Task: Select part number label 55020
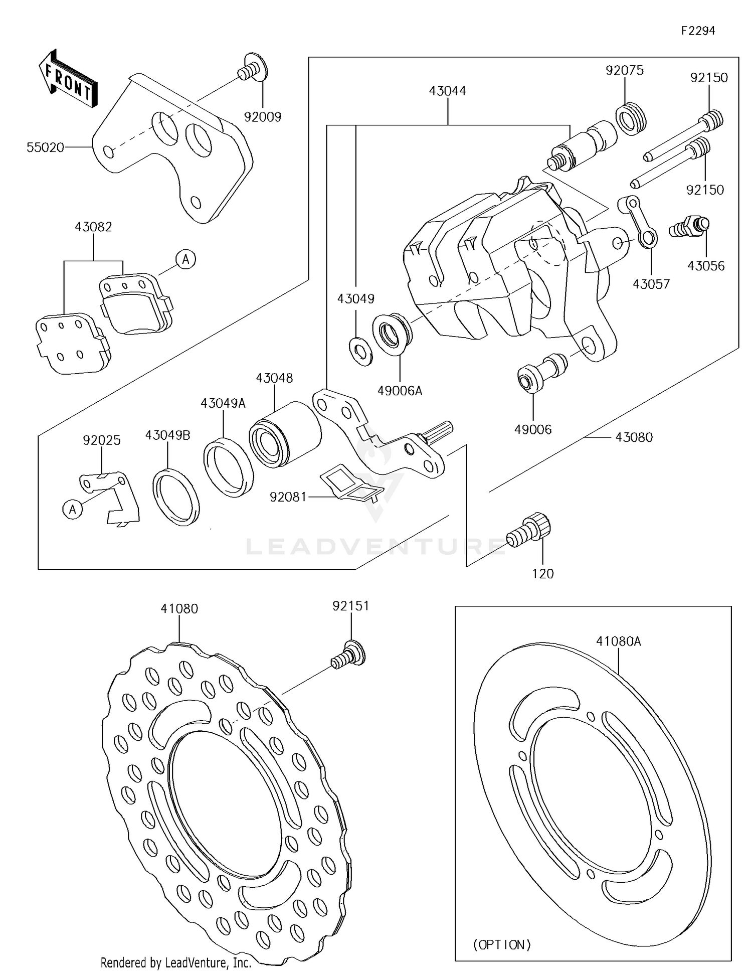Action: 45,147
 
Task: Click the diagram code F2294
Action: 698,31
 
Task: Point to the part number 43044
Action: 447,91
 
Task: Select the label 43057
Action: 651,284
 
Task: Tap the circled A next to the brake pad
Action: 186,259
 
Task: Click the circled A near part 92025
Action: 72,510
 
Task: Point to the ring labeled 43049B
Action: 175,497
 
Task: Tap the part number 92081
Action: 288,497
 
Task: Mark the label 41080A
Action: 618,641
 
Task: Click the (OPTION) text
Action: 501,944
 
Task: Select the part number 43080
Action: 634,437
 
